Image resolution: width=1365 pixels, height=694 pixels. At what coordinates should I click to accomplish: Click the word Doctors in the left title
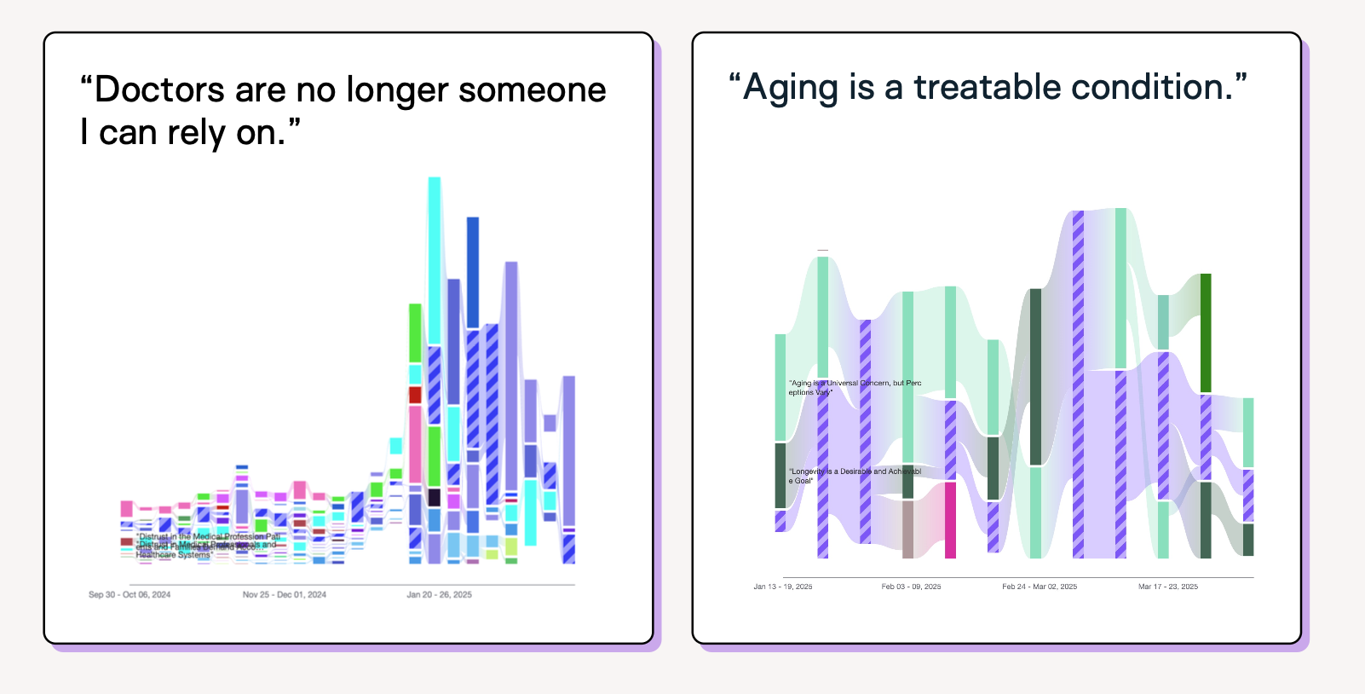tap(159, 90)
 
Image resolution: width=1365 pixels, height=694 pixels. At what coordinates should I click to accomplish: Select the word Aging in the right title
tap(791, 87)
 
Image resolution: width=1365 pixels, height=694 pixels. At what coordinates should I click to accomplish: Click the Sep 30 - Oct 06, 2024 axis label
tap(130, 594)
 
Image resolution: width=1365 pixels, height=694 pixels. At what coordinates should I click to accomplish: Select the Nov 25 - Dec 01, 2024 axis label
tap(285, 594)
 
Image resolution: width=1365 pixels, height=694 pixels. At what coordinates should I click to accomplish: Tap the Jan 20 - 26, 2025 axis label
tap(439, 594)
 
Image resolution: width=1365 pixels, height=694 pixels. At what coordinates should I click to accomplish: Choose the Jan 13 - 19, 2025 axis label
tap(783, 587)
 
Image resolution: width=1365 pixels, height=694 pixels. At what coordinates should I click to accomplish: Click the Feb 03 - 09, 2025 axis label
tap(911, 587)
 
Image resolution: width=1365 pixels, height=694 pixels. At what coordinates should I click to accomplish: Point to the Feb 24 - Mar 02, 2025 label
tap(1040, 587)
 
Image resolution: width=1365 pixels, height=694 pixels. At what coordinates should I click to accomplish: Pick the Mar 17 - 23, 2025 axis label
tap(1168, 587)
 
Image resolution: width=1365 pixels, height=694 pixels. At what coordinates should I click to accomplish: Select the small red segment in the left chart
tap(415, 395)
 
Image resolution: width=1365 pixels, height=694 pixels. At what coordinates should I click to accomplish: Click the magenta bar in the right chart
tap(950, 520)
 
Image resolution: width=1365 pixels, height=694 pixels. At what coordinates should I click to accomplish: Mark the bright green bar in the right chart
tap(1206, 333)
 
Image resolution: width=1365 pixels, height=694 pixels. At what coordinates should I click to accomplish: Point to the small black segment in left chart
tap(435, 498)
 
